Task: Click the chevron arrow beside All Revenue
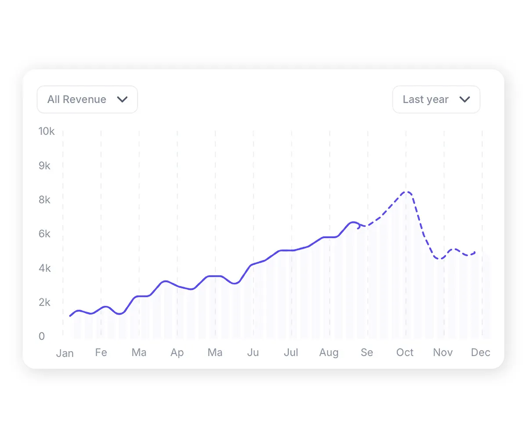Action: [x=122, y=100]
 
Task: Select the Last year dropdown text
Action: [x=425, y=100]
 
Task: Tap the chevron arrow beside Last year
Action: [x=465, y=100]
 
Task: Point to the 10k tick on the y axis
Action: [x=47, y=131]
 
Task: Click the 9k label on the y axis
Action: [x=44, y=166]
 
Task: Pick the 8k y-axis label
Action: [x=44, y=200]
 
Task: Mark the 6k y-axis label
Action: [x=44, y=234]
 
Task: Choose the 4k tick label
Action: [x=44, y=268]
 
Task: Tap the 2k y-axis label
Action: [x=44, y=302]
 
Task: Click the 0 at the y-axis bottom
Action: [x=42, y=336]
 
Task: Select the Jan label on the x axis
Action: [x=65, y=353]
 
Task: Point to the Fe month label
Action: [x=101, y=352]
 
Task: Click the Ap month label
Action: [x=177, y=353]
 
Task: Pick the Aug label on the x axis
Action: [x=329, y=353]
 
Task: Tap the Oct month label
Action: [x=405, y=352]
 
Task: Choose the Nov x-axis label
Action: [x=443, y=352]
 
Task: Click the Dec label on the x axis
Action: [x=480, y=352]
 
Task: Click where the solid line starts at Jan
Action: [x=70, y=316]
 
